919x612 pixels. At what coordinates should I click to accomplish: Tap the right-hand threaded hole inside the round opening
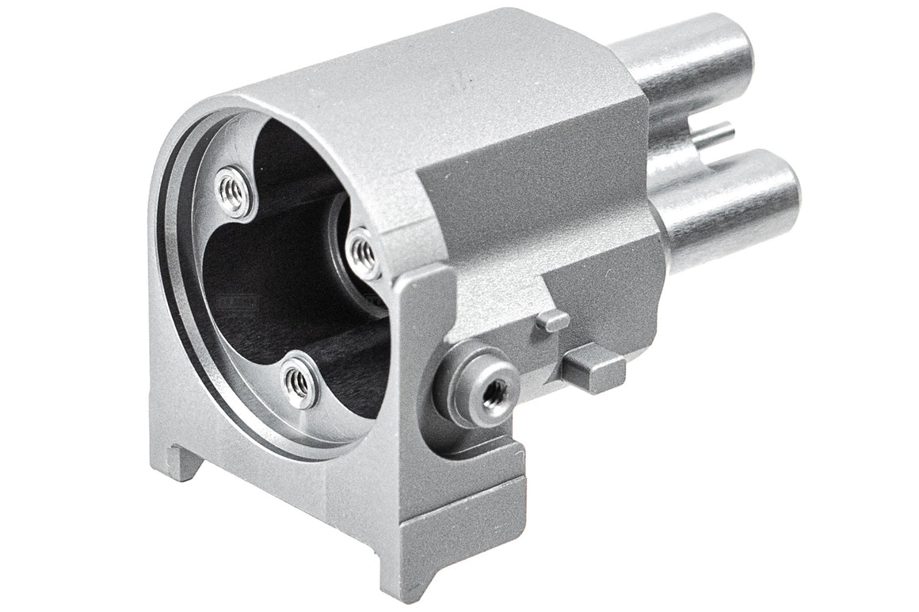(363, 252)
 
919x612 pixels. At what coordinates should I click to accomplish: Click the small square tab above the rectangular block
(552, 321)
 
